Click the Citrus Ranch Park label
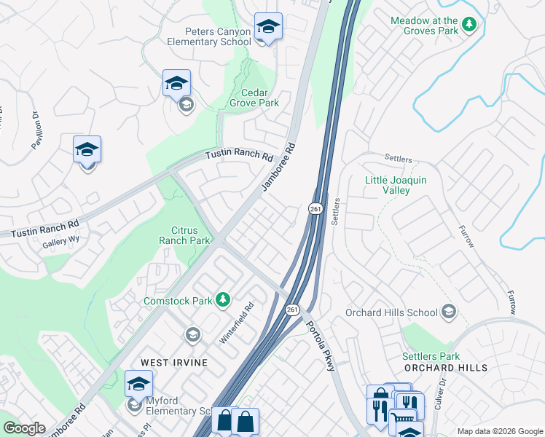coord(184,235)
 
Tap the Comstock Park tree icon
coord(222,299)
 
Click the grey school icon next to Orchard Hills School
coord(449,312)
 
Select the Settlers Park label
coord(431,356)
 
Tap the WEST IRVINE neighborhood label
coord(174,362)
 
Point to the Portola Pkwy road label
coord(321,346)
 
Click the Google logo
coord(24,428)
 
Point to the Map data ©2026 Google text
coord(499,430)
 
